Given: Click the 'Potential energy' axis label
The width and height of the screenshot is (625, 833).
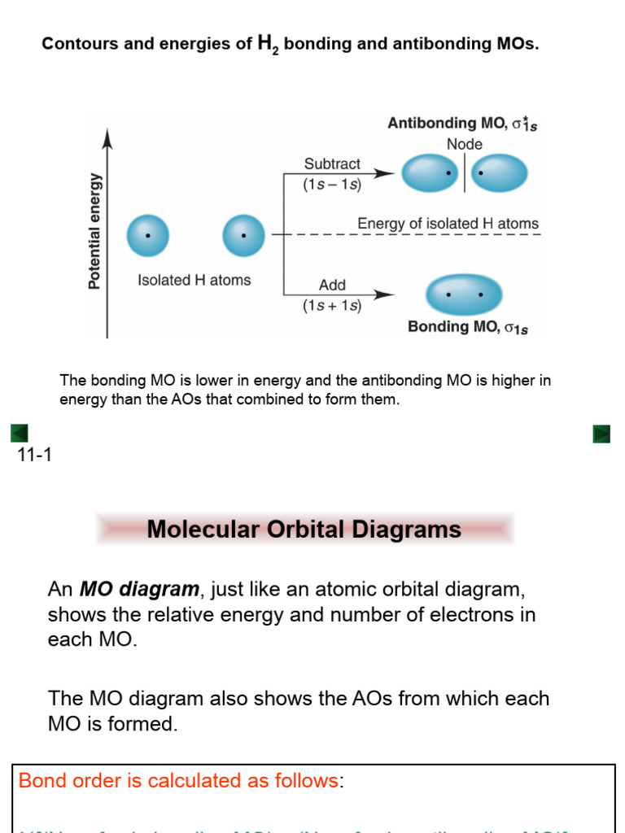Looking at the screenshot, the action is [x=95, y=230].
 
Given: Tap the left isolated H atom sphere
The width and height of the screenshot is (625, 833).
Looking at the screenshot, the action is [x=147, y=236].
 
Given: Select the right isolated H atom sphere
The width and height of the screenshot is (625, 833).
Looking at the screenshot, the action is [x=243, y=236].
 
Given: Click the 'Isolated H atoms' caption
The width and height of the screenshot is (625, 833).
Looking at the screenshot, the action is [x=194, y=281].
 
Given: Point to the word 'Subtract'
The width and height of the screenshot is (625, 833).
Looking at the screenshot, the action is [x=332, y=164].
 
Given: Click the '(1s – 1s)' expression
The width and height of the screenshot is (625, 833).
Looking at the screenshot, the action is [x=332, y=185].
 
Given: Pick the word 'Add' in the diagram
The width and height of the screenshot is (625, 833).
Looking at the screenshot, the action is [x=332, y=286].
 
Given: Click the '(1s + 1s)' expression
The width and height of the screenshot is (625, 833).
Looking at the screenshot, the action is [x=332, y=306].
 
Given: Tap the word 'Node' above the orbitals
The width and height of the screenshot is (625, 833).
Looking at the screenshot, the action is [x=464, y=145].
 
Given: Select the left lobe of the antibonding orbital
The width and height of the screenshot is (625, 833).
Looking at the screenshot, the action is [x=431, y=173].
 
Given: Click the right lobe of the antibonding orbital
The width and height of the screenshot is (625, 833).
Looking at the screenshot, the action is [x=499, y=173].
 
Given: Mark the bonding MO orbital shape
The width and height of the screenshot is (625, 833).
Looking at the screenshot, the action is [x=464, y=294].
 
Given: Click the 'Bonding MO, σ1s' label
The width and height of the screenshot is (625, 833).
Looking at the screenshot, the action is [x=467, y=328].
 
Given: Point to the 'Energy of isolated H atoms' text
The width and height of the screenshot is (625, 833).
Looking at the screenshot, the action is [x=448, y=224].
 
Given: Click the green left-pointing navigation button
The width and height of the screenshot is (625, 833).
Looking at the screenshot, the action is [x=20, y=434].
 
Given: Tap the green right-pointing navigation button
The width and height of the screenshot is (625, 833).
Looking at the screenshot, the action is [x=601, y=434].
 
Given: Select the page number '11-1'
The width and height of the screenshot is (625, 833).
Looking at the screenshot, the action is [x=34, y=455].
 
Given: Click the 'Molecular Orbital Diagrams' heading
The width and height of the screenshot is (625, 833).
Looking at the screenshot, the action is [x=304, y=530].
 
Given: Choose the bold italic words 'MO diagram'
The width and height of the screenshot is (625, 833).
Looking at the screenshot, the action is [x=139, y=589].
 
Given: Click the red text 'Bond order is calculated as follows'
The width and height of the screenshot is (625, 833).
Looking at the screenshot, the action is [x=177, y=781].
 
